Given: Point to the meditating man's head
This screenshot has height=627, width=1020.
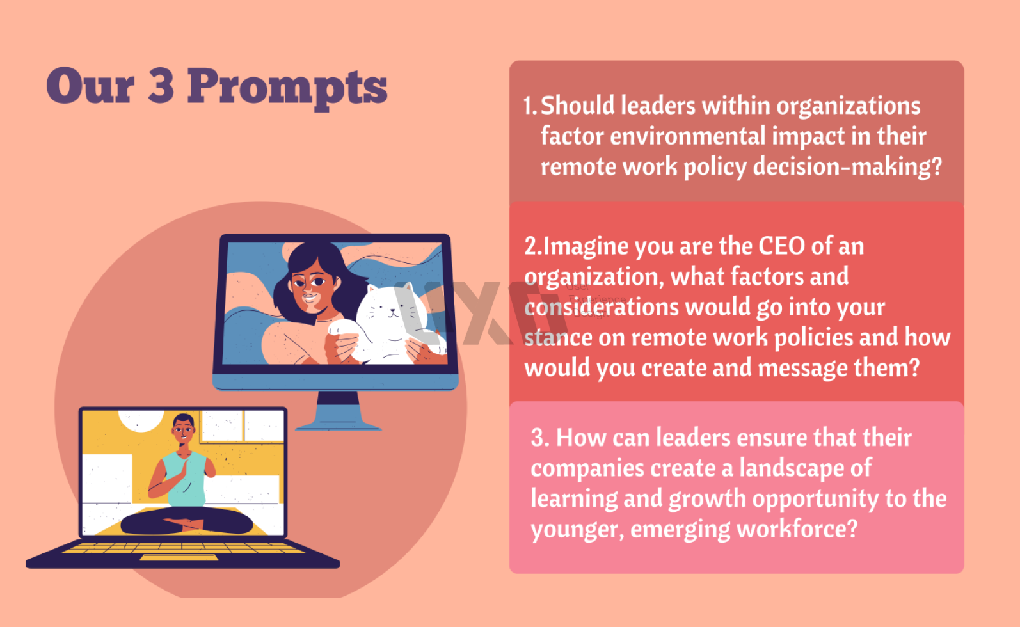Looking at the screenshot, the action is point(184,429).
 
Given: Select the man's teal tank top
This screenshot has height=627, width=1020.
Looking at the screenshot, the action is point(187,478).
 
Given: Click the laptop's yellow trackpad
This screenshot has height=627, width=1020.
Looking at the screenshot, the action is point(179,557).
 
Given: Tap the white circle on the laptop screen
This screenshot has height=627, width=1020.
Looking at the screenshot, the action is point(141,420).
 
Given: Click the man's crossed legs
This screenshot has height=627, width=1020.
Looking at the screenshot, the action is point(187,522).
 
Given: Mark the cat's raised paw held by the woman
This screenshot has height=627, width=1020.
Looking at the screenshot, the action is point(342,327).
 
